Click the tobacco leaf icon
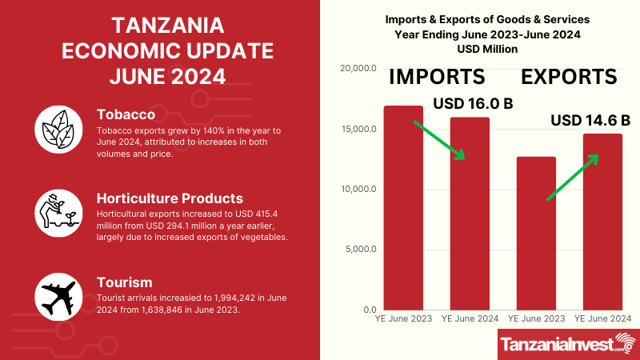60,128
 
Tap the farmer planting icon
60,212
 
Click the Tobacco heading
126,114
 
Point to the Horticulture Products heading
170,198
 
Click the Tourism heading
125,282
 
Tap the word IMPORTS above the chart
438,77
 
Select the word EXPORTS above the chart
569,77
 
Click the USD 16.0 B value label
473,104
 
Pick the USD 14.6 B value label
590,121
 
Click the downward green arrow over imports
438,140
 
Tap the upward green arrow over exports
571,177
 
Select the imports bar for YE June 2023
404,208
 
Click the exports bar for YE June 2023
536,233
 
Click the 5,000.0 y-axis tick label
359,250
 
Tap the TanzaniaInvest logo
567,344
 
